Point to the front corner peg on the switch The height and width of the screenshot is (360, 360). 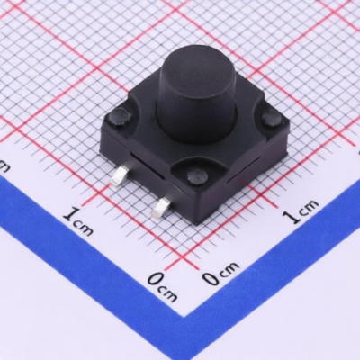pyautogui.click(x=196, y=176)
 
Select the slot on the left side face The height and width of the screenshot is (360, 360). pyautogui.click(x=147, y=166)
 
